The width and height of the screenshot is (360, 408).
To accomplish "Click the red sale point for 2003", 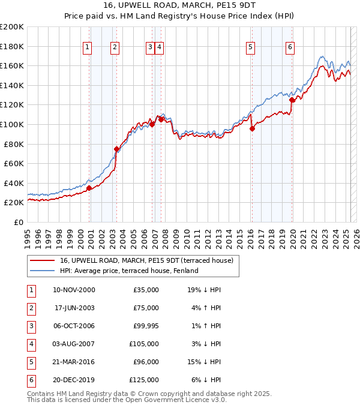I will [x=116, y=149].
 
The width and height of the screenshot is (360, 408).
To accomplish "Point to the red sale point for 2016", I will [x=252, y=128].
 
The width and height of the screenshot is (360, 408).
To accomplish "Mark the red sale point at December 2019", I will [x=292, y=100].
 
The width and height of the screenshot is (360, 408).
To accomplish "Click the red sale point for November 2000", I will [x=89, y=188].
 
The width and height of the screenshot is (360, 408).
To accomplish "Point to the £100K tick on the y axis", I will [x=12, y=124].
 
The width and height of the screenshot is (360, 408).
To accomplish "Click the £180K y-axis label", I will [x=12, y=46].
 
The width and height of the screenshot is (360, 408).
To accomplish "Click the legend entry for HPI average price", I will [x=129, y=271].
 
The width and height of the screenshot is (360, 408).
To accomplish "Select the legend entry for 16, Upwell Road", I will [x=150, y=260].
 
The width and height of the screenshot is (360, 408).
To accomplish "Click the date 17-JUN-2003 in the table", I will [x=74, y=308].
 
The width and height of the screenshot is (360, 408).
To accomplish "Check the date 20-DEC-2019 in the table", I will [x=74, y=380].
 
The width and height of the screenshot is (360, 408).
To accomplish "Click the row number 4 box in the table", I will [x=30, y=344].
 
